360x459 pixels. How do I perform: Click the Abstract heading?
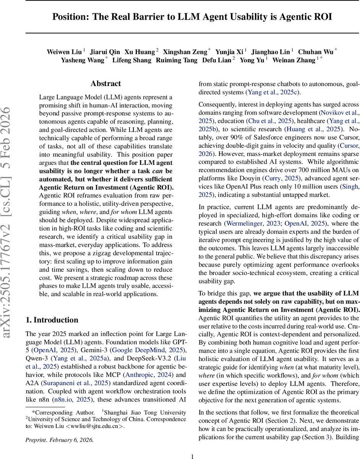[105, 83]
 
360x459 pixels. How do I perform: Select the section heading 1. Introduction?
[52, 320]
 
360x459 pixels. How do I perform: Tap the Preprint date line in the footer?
[59, 439]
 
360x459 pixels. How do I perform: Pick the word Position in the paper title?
[69, 17]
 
